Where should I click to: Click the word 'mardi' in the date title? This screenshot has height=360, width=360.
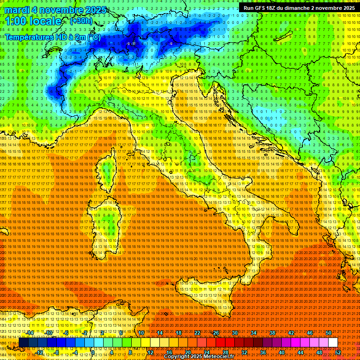[18, 10]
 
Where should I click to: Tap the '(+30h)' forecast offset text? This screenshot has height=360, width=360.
[81, 21]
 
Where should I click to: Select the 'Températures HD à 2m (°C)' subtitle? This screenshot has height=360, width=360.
[52, 37]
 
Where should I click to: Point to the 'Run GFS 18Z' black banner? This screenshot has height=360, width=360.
[299, 8]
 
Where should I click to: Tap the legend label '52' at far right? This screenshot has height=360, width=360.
[338, 352]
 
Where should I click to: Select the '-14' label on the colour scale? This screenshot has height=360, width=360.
[30, 333]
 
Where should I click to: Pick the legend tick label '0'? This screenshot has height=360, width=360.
[93, 352]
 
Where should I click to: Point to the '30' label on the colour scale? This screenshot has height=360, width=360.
[234, 333]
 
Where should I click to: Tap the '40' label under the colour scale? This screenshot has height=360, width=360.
[282, 352]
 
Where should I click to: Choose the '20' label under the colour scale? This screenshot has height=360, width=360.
[187, 352]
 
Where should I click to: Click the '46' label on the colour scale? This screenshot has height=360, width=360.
[309, 333]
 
